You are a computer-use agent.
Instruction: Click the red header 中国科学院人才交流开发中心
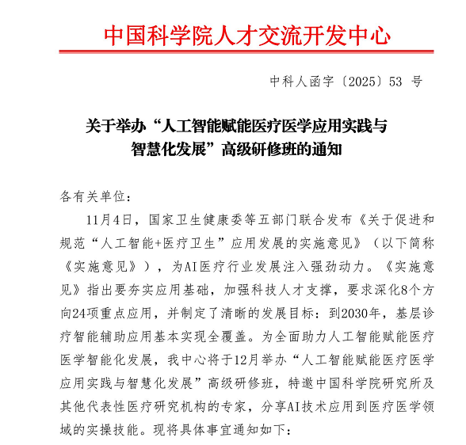click(x=247, y=36)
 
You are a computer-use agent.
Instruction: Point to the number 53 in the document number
click(x=395, y=82)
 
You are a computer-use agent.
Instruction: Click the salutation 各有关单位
click(x=86, y=195)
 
